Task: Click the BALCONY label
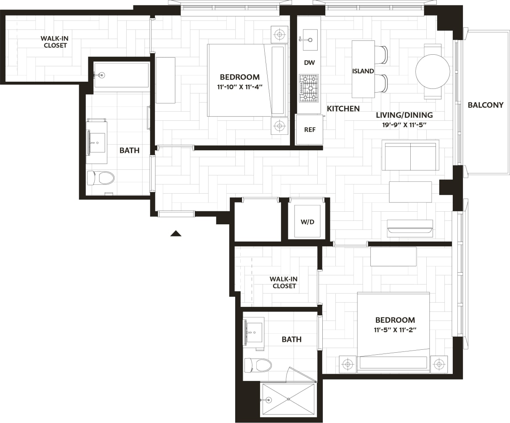pos(485,105)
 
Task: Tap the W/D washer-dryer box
pos(307,221)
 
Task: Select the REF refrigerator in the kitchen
pos(309,130)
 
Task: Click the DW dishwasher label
pos(309,63)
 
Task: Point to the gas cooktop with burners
pos(308,88)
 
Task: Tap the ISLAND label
pos(363,71)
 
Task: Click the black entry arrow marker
pos(176,234)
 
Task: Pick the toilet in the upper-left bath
pos(101,178)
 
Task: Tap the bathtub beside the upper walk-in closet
pos(121,75)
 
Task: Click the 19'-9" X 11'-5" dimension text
pos(404,125)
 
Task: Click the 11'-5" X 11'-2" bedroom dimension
pos(395,330)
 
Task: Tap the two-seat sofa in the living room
pos(410,155)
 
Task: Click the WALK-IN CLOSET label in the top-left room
pos(55,42)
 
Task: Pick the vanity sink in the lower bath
pos(254,333)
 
